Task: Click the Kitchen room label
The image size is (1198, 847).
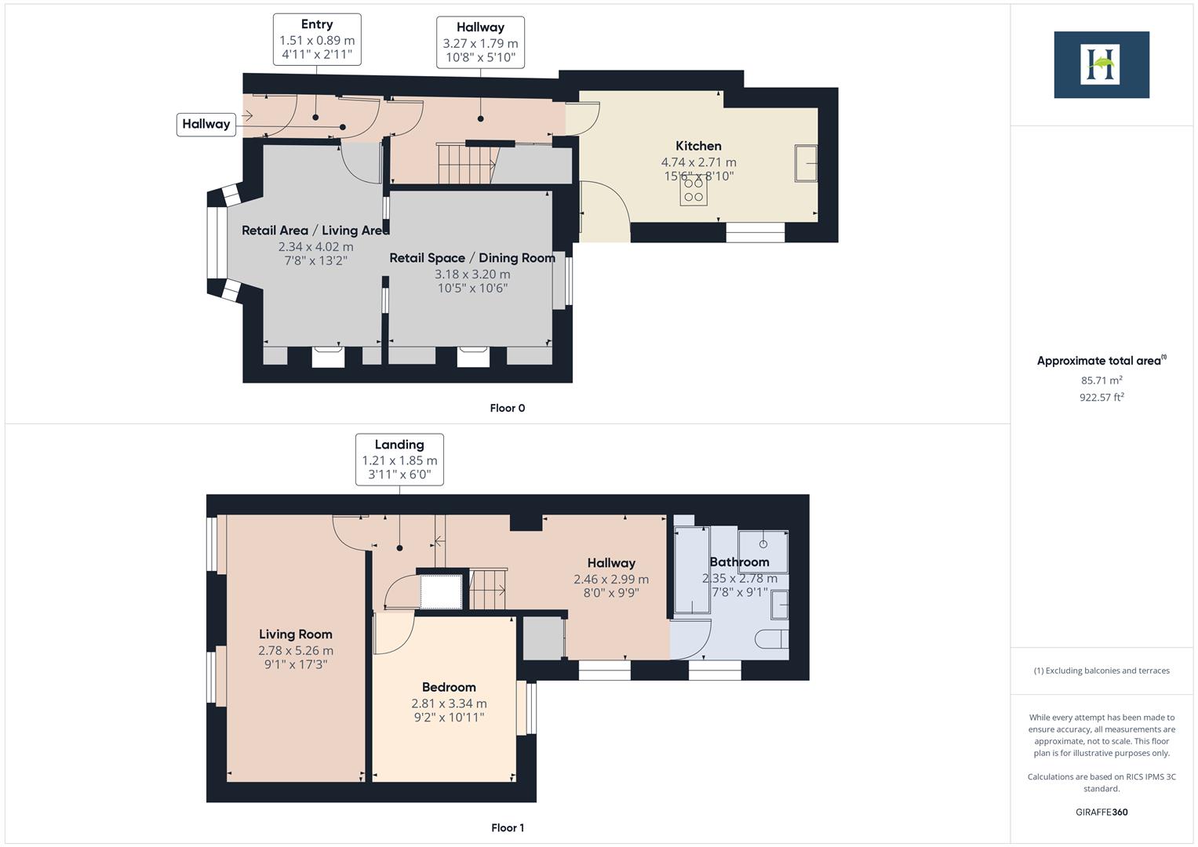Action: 698,146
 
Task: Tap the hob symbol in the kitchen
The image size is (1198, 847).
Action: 694,190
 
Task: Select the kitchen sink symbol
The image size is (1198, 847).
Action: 806,163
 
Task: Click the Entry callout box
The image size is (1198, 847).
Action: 317,39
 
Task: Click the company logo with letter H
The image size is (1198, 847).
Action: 1101,65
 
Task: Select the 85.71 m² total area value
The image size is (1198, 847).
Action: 1101,380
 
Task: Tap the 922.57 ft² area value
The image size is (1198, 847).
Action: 1101,398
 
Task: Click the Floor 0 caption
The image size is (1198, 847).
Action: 507,408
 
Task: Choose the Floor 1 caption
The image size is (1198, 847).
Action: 507,827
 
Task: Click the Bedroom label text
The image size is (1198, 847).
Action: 449,688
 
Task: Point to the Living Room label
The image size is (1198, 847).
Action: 296,634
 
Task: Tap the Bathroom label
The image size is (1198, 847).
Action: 739,562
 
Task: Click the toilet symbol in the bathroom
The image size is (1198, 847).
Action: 772,639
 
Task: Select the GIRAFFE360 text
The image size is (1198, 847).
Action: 1101,812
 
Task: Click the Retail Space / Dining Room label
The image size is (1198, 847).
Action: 472,258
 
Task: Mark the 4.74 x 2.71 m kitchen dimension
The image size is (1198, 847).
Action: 698,162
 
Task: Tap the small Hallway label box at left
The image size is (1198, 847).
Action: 206,124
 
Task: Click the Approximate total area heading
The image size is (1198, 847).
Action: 1101,361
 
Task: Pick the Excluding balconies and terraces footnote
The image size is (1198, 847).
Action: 1101,671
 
